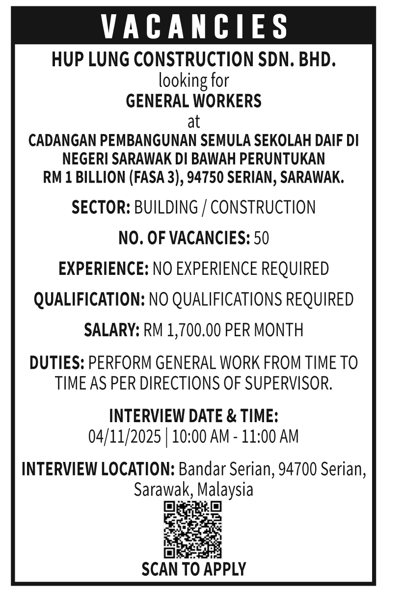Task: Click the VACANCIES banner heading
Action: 194,26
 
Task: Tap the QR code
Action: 192,529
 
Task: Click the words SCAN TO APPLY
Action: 193,569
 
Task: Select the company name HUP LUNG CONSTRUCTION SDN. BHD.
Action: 194,60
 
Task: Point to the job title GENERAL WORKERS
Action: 193,101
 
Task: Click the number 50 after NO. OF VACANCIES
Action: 261,238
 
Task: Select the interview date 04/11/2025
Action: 125,436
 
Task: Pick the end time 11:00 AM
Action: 269,436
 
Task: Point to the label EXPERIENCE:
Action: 104,269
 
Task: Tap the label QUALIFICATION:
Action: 89,299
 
